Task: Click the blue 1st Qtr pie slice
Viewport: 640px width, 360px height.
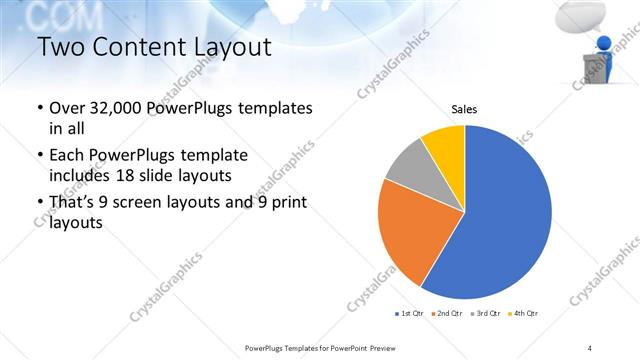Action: point(505,220)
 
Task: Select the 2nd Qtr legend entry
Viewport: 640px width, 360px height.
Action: point(446,314)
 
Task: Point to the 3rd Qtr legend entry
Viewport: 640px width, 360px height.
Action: point(484,314)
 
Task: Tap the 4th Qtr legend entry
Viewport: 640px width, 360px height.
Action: point(523,314)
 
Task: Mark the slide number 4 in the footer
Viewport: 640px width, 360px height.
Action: point(590,348)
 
